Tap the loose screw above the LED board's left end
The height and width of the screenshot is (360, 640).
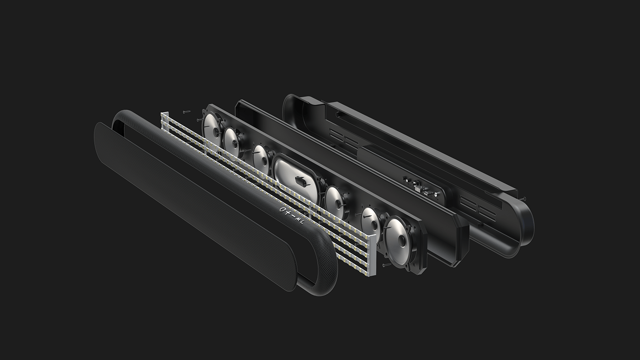[186, 111]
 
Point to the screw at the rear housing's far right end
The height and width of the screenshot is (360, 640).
[523, 199]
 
